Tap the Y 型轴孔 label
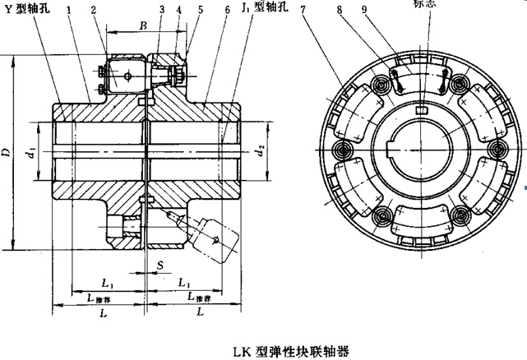tap(27, 11)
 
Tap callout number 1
tap(72, 11)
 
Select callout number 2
tap(93, 11)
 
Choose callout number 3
tap(162, 11)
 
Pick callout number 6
tap(224, 11)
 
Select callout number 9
tap(386, 11)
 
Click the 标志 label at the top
tap(428, 4)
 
